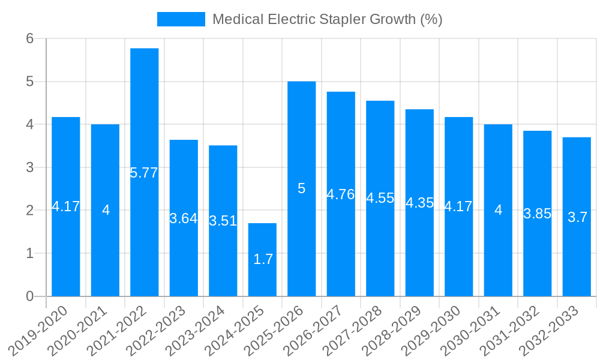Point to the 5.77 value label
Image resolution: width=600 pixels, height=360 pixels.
point(144,173)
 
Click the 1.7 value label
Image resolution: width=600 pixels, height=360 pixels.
point(263,259)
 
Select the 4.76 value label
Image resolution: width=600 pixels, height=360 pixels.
point(341,194)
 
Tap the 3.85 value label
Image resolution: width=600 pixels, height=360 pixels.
point(537,214)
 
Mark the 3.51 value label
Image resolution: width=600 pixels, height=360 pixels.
point(223,221)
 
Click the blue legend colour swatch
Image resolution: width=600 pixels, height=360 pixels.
point(181,19)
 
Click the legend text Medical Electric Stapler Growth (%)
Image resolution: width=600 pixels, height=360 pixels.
point(327,19)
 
